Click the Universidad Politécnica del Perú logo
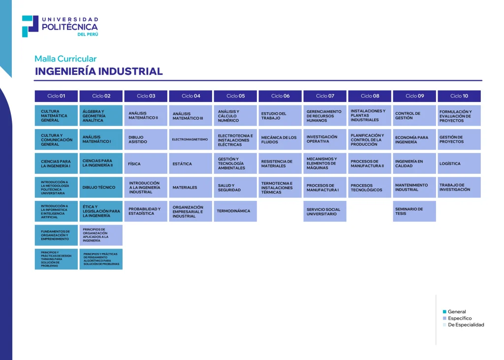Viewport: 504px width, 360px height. [x=60, y=26]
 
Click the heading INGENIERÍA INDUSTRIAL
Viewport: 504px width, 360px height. [x=98, y=71]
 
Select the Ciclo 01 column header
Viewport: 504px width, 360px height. [x=56, y=96]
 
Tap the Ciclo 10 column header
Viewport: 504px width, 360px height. [x=459, y=96]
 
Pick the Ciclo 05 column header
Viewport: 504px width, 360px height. [x=235, y=96]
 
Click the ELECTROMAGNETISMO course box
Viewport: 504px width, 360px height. [x=190, y=139]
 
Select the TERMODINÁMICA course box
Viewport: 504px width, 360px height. [x=235, y=211]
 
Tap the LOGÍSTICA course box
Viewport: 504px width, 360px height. [x=459, y=164]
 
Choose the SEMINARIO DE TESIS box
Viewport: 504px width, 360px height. [x=414, y=211]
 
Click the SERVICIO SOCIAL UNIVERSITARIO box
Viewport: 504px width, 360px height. [x=325, y=211]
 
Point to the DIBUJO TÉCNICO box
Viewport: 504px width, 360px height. [x=101, y=187]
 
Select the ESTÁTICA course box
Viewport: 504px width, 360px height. [x=190, y=164]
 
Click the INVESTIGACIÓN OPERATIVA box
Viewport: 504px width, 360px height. [x=325, y=139]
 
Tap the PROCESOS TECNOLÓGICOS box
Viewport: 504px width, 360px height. [x=370, y=188]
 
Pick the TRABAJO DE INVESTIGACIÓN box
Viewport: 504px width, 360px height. [x=459, y=187]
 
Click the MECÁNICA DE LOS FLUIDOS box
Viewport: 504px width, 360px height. [x=280, y=139]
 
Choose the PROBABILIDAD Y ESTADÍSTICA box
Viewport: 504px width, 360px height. [x=146, y=211]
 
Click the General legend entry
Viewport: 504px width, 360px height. [x=456, y=312]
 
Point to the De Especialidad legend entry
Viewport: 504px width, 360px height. [x=465, y=325]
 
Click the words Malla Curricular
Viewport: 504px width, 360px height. [x=65, y=59]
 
